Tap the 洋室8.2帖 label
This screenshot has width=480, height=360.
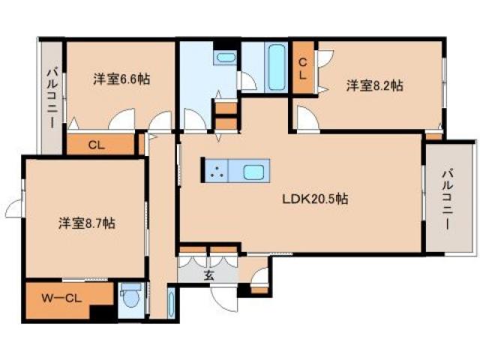click(x=374, y=85)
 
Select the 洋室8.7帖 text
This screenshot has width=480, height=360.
click(x=87, y=223)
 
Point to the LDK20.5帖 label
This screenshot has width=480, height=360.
click(x=314, y=199)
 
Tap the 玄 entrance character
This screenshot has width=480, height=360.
click(x=209, y=275)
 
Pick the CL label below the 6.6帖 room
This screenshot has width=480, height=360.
click(x=96, y=144)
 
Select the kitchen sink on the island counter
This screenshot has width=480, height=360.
click(x=253, y=172)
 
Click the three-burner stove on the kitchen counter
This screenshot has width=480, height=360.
click(x=217, y=172)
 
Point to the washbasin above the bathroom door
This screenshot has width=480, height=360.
click(x=225, y=58)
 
